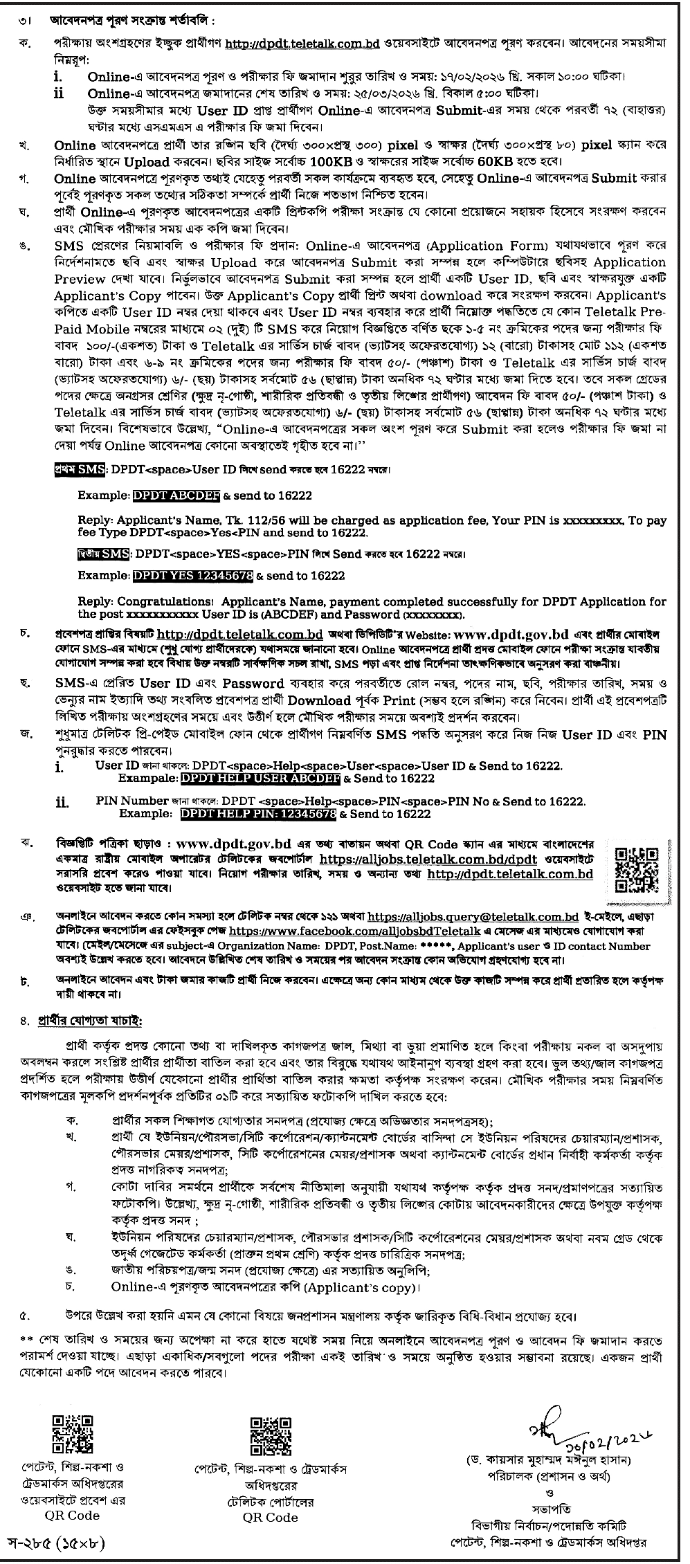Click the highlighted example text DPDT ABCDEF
point(176,495)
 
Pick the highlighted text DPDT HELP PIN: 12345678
point(258,815)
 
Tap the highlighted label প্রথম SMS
point(80,470)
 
